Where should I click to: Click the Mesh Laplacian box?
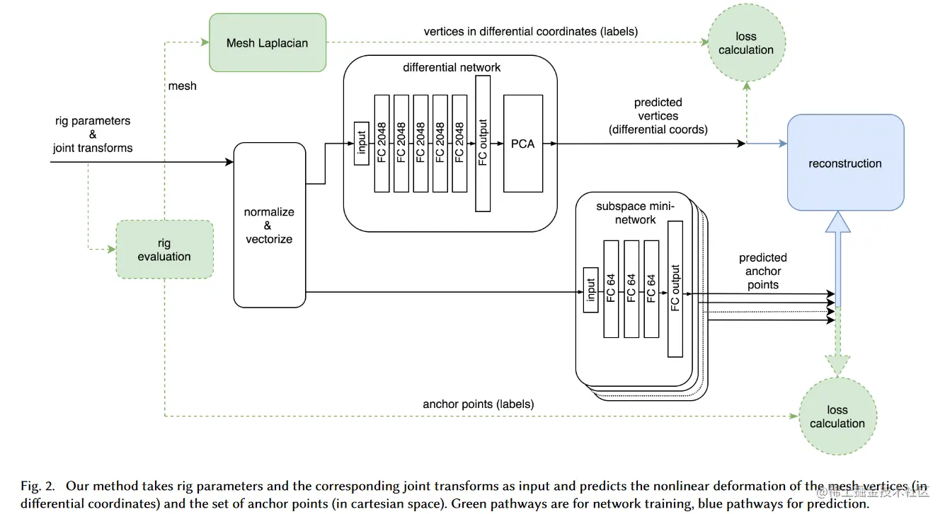[x=268, y=42]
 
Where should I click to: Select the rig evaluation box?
[x=164, y=249]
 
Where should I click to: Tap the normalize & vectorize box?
[x=269, y=225]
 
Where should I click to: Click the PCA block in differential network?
[x=523, y=144]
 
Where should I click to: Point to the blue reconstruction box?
[x=845, y=163]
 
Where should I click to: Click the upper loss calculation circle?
[x=746, y=43]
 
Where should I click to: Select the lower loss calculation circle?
[x=837, y=416]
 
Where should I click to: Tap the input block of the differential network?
[x=360, y=144]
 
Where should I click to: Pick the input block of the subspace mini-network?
[x=590, y=289]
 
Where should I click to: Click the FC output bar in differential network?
[x=483, y=144]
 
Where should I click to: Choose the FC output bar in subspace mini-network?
[x=675, y=288]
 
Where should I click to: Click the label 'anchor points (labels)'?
[x=478, y=404]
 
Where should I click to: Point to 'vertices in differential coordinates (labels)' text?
[x=530, y=31]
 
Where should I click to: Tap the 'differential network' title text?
[x=452, y=67]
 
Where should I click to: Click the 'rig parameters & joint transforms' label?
[x=93, y=134]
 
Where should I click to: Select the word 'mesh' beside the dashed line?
[x=183, y=86]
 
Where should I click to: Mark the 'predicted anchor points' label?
[x=763, y=271]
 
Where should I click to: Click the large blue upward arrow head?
[x=837, y=222]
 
